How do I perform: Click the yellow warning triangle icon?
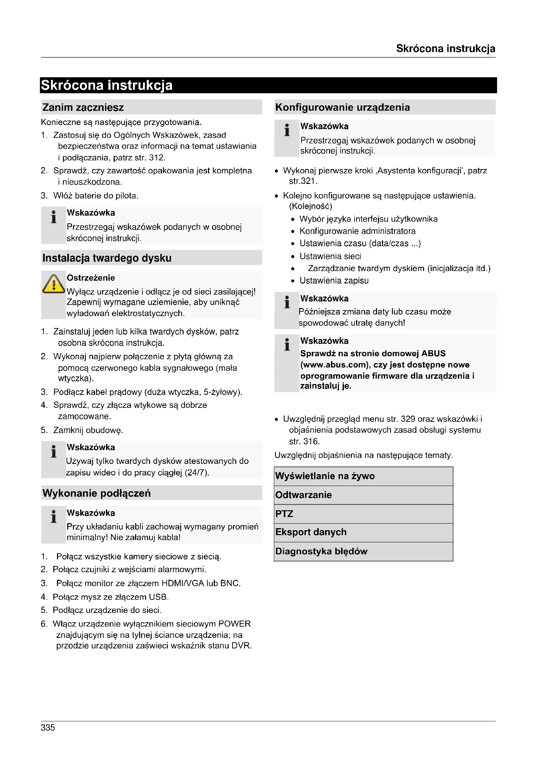[53, 284]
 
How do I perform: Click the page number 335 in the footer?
[48, 727]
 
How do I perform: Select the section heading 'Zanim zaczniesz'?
[83, 107]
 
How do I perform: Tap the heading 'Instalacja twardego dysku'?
[107, 258]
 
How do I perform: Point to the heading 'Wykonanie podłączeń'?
[96, 493]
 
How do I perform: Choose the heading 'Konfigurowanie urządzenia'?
[343, 107]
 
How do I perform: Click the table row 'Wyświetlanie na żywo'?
[363, 476]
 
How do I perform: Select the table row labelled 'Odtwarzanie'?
[363, 495]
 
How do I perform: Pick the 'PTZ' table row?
[363, 514]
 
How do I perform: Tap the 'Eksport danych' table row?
[363, 532]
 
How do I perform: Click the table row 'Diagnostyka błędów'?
[363, 552]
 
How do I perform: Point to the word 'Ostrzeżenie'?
[91, 278]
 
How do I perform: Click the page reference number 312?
[156, 158]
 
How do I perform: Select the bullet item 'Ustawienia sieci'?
[330, 256]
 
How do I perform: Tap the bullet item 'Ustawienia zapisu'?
[334, 281]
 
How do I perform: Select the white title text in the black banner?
[107, 85]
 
